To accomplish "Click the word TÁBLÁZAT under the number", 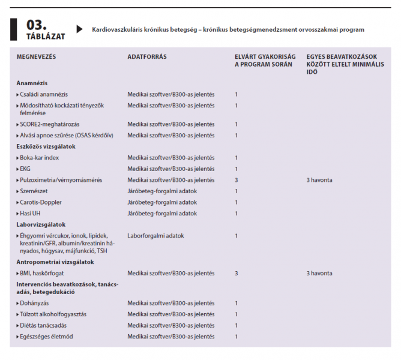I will (45, 35).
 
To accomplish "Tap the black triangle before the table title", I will (79, 29).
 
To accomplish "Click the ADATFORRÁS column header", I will (147, 57).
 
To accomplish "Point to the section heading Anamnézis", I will (32, 83).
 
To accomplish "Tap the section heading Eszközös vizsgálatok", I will (46, 146).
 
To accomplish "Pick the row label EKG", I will (25, 169).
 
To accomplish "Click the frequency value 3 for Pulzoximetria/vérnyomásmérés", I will (237, 180).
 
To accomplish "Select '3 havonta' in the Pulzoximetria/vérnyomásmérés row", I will (319, 180).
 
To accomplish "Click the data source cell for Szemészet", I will (162, 191).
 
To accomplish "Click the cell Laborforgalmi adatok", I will (155, 236).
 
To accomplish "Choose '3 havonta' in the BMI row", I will (319, 273).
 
